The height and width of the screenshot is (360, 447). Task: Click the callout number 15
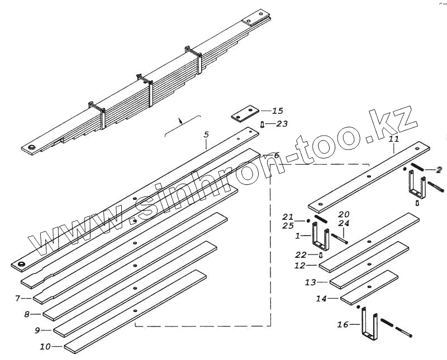(x=277, y=111)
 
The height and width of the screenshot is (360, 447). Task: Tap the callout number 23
(x=282, y=124)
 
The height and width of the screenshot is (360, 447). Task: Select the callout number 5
(x=206, y=135)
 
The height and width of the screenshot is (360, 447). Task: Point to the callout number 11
(x=393, y=138)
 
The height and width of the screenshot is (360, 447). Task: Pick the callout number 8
(x=27, y=314)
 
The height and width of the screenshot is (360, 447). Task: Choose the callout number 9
(x=37, y=330)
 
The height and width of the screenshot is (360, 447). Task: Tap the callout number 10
(x=45, y=347)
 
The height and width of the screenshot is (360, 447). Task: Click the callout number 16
(x=343, y=324)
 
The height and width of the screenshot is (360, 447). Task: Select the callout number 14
(x=321, y=299)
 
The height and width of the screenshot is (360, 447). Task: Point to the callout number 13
(x=311, y=282)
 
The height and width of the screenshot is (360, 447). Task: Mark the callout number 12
(x=300, y=266)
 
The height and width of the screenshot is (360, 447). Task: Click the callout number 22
(x=301, y=255)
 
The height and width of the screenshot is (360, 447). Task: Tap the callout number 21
(x=288, y=217)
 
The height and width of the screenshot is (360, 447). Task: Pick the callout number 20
(x=344, y=214)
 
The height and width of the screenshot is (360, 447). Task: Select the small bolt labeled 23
(x=263, y=124)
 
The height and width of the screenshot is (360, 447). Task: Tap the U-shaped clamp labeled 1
(x=320, y=237)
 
